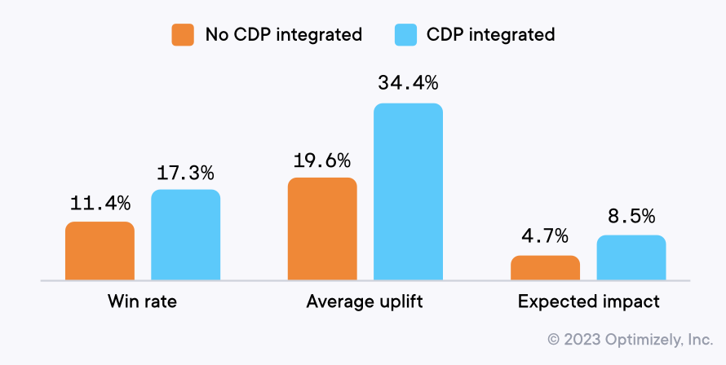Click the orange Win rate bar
click(x=100, y=251)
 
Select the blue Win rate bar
click(x=185, y=235)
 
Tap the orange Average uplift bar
click(x=322, y=229)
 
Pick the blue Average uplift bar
click(x=408, y=192)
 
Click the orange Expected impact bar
click(x=545, y=268)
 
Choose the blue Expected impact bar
click(x=631, y=258)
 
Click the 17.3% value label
click(x=185, y=173)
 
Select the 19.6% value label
click(x=322, y=161)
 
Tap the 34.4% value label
click(x=408, y=84)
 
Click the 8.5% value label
click(x=631, y=218)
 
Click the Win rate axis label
click(x=142, y=301)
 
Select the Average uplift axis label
click(x=365, y=301)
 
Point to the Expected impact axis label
click(x=588, y=301)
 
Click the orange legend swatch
click(x=183, y=34)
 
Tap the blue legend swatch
click(x=405, y=34)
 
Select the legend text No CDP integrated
click(x=283, y=34)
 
